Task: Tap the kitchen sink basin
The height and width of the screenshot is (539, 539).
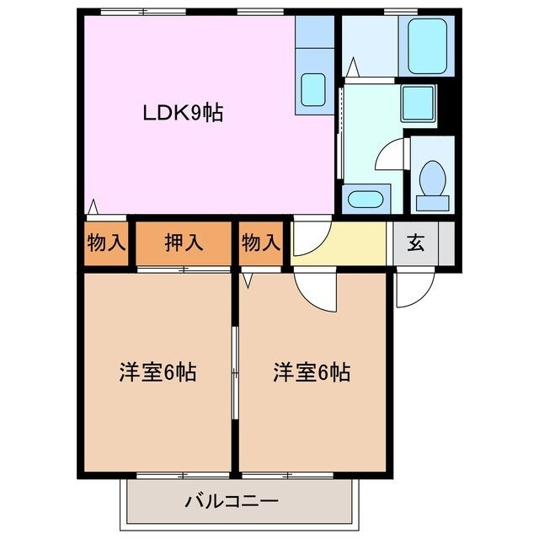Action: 313,88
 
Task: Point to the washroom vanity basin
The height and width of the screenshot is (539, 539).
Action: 365,200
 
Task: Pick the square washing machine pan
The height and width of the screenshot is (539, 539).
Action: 418,104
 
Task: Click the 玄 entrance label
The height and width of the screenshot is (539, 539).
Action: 415,243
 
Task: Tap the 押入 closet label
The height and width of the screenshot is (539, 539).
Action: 183,243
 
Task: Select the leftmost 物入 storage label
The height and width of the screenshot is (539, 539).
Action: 106,243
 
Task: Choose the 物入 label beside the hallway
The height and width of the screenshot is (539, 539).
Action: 260,243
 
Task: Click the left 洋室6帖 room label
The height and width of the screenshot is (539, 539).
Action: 157,371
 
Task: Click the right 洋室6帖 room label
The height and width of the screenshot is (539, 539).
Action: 311,371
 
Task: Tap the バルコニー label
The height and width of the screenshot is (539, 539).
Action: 232,502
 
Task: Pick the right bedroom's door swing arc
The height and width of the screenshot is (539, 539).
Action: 317,291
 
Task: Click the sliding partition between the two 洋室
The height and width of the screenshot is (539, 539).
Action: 235,371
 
